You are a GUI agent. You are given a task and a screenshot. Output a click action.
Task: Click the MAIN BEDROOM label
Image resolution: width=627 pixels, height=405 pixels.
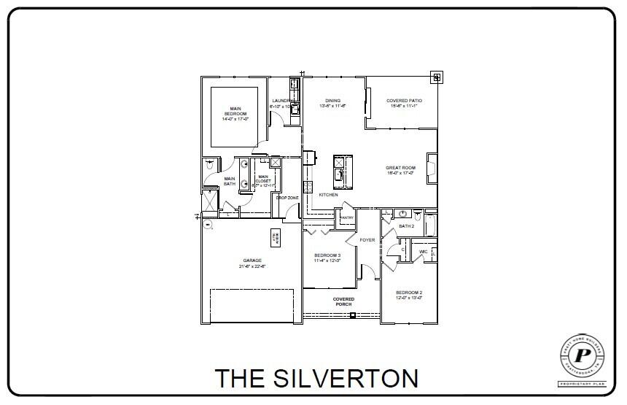(x=235, y=111)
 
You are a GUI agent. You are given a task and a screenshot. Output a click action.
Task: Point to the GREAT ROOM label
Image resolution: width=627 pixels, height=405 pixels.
(x=400, y=168)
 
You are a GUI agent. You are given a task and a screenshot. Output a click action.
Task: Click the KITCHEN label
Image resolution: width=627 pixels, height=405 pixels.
(x=328, y=195)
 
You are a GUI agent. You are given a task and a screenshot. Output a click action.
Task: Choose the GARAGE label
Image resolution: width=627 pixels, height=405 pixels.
(x=252, y=261)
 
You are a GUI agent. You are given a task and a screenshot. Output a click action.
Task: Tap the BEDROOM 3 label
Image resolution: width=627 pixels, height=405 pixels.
(x=327, y=255)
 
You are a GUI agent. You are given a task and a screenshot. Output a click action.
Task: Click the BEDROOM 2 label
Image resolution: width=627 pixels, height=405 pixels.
(x=409, y=292)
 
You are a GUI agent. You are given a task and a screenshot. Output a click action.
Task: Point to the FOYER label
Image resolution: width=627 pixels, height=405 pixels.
(x=367, y=239)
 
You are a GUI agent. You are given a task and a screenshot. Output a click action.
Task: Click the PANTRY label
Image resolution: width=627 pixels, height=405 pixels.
(x=346, y=217)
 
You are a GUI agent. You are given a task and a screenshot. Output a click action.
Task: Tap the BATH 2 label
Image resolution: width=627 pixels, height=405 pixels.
(x=406, y=226)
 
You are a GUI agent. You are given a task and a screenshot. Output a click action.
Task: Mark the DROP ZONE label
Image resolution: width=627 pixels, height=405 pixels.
(x=287, y=198)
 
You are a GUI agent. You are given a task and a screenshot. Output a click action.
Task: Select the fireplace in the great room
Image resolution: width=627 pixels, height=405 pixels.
(x=431, y=166)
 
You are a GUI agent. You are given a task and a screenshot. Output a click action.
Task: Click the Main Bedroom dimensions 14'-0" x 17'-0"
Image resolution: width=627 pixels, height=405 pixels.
(x=235, y=119)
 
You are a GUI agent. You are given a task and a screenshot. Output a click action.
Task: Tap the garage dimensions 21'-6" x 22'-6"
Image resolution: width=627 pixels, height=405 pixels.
(x=252, y=267)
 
